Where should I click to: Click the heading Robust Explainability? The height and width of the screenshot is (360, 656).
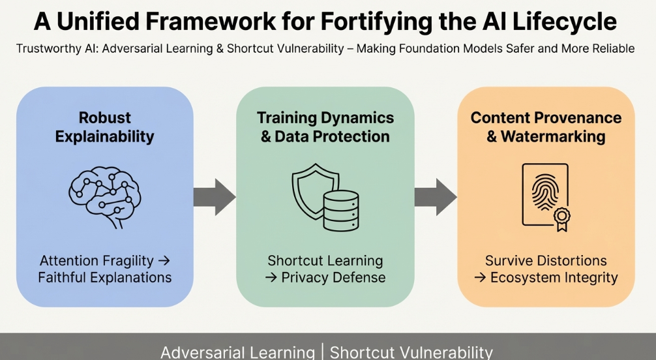pyautogui.click(x=105, y=127)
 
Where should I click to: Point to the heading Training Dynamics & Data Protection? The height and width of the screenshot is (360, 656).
pyautogui.click(x=325, y=127)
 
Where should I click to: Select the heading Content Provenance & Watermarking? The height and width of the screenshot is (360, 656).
pyautogui.click(x=546, y=127)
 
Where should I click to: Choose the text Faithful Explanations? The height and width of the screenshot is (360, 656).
pyautogui.click(x=105, y=277)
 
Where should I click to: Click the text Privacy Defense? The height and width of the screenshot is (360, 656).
pyautogui.click(x=333, y=277)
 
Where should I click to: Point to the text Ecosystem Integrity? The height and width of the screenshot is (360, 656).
pyautogui.click(x=554, y=277)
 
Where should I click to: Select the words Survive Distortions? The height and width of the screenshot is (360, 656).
pyautogui.click(x=546, y=261)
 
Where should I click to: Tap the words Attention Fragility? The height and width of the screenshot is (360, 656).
pyautogui.click(x=97, y=261)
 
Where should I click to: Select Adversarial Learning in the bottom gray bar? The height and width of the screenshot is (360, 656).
pyautogui.click(x=237, y=352)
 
